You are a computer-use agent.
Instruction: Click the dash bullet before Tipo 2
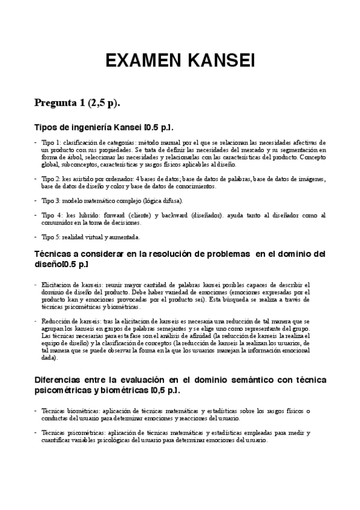coord(35,179)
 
